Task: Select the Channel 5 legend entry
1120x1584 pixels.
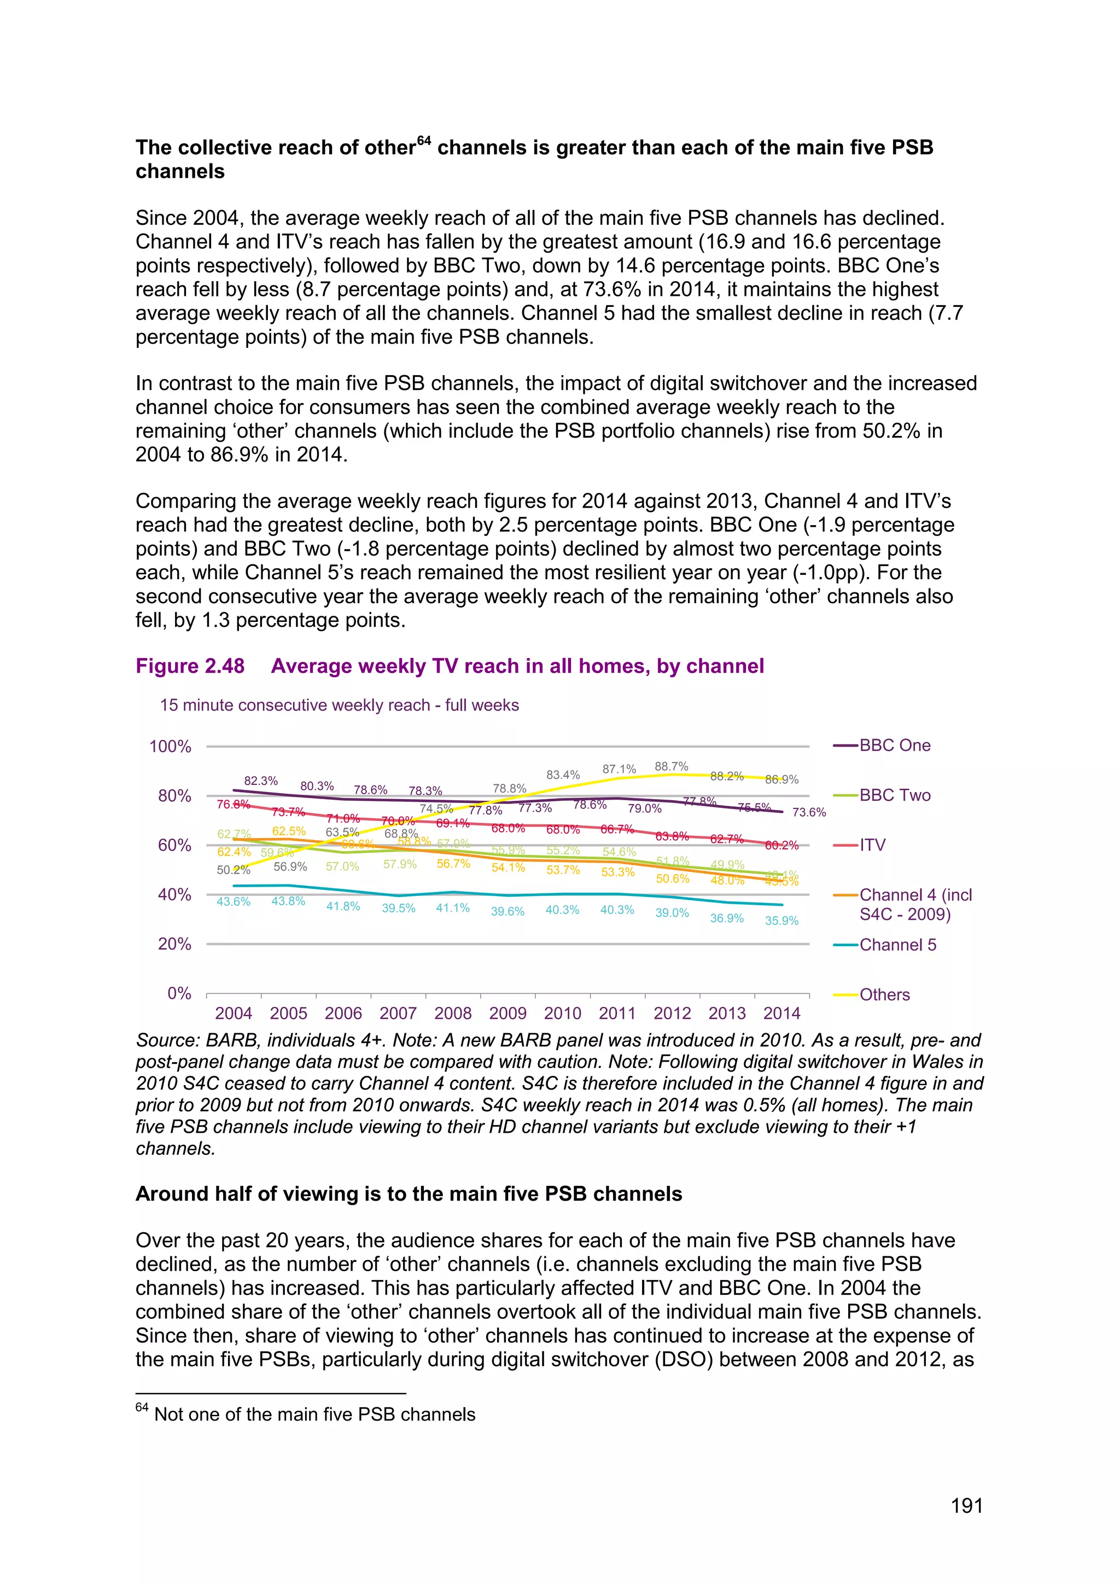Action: pos(897,945)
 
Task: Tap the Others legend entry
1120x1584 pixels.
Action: pos(884,994)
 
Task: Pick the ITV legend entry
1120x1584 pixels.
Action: pos(872,845)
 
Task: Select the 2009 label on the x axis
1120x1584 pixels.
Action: pos(507,1013)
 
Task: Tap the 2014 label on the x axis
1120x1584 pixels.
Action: pos(781,1013)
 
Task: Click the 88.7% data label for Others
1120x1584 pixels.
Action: pos(671,766)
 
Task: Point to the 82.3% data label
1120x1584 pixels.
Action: pos(261,781)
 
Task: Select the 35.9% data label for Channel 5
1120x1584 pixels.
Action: pos(781,921)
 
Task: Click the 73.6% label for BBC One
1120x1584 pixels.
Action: pos(808,812)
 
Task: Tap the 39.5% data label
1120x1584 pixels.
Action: pos(399,908)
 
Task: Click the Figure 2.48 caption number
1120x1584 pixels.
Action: pos(190,666)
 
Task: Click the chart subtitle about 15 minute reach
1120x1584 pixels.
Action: pos(339,705)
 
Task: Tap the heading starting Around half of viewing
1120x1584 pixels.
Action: pos(409,1193)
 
